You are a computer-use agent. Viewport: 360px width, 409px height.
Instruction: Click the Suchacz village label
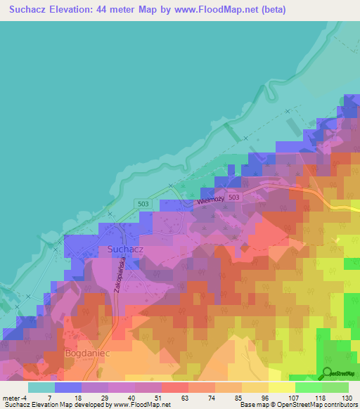pos(127,249)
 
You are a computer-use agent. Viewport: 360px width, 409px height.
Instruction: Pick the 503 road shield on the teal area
pos(143,203)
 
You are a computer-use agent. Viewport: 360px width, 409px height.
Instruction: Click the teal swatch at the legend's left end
pos(41,387)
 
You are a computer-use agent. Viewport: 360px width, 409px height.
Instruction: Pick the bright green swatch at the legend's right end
pos(335,387)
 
